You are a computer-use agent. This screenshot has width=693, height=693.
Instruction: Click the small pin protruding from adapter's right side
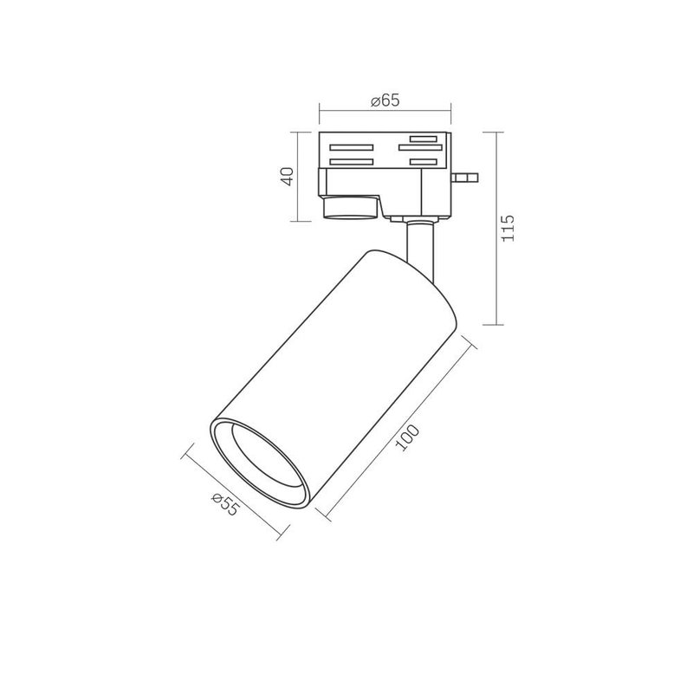pos(468,178)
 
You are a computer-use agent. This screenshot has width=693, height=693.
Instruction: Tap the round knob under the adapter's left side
pos(352,209)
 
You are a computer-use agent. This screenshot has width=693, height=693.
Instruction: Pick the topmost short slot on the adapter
pos(424,138)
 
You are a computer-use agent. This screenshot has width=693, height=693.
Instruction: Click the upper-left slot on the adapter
pos(351,148)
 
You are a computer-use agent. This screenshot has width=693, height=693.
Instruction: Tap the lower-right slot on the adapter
pos(424,162)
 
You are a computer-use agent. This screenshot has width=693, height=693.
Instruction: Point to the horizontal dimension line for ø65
pos(385,110)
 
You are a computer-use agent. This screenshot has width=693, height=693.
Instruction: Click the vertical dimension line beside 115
pos(495,228)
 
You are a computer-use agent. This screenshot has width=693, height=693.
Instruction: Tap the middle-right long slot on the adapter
pos(420,148)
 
